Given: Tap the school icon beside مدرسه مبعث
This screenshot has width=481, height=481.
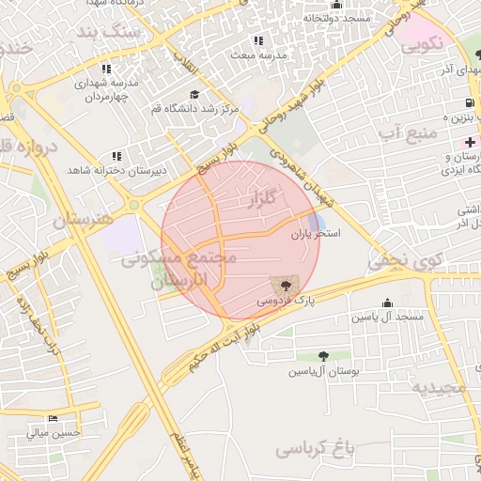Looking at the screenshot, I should [258, 40].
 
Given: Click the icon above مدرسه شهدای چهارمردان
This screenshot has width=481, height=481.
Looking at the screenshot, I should [106, 69].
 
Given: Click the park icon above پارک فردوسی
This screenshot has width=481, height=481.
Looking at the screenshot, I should [282, 283].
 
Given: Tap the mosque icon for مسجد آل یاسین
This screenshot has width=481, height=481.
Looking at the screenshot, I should [388, 303].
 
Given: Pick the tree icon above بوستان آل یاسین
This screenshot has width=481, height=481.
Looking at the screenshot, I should [323, 357].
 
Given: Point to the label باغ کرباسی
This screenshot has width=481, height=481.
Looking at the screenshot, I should [318, 449].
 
